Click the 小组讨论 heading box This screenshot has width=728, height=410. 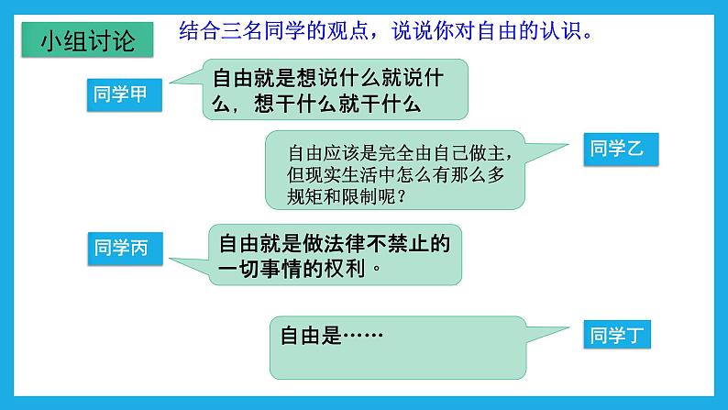tap(88, 43)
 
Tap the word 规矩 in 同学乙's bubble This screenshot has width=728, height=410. tap(306, 195)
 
